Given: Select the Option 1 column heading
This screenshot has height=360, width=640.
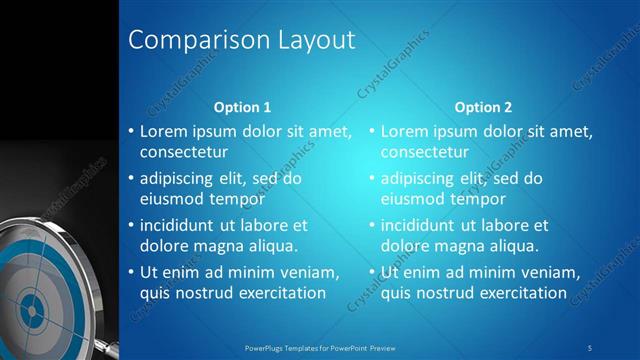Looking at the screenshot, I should point(243,107).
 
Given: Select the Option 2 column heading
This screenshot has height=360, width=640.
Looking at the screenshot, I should point(483,107).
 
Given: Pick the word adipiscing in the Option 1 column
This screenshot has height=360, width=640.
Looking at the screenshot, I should point(181,179).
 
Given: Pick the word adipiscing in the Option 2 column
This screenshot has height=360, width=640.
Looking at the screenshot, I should point(422,179).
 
